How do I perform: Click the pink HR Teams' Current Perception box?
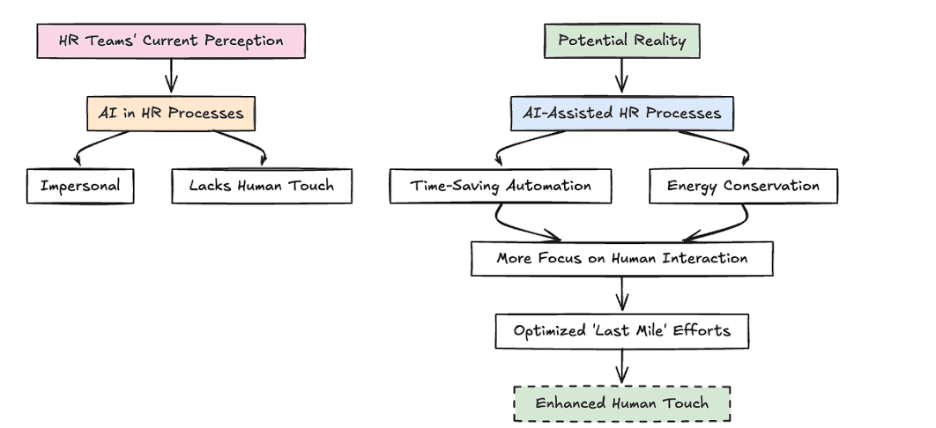pyautogui.click(x=170, y=41)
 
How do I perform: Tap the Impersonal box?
pyautogui.click(x=80, y=187)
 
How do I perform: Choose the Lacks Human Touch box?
pyautogui.click(x=262, y=187)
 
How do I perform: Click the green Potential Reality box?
pyautogui.click(x=621, y=41)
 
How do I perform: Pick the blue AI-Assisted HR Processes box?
pyautogui.click(x=621, y=114)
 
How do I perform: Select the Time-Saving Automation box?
pyautogui.click(x=500, y=187)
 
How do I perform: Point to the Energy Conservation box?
pyautogui.click(x=743, y=187)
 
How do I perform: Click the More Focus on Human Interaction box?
pyautogui.click(x=621, y=259)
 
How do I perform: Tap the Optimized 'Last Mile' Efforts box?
pyautogui.click(x=621, y=332)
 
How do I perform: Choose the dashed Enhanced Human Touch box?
pyautogui.click(x=621, y=404)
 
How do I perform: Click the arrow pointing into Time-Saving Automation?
pyautogui.click(x=520, y=146)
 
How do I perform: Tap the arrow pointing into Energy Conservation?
pyautogui.click(x=727, y=146)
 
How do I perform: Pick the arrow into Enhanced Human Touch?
pyautogui.click(x=621, y=366)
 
